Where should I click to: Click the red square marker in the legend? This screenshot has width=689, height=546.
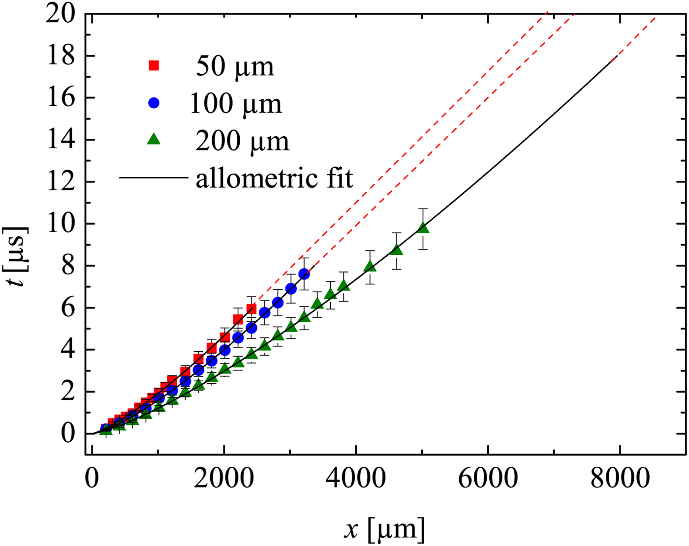coord(154,65)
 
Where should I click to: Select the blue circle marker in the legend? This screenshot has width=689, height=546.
coord(154,103)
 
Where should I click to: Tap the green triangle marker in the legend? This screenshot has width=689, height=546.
coord(154,140)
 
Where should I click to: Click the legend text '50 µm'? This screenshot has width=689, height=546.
coord(235,66)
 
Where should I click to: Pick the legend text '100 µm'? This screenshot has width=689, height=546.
coord(236,103)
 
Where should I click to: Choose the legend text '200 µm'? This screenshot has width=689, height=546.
coord(242,141)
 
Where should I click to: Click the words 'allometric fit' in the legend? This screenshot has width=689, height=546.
coord(274,178)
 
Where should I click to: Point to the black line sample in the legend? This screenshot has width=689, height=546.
coord(153,177)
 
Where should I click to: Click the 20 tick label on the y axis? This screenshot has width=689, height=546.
coord(61,14)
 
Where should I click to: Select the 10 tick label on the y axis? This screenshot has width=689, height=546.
coord(61,224)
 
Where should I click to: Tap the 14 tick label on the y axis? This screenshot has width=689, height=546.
coord(61,140)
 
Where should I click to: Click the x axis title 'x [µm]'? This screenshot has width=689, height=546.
coord(384,529)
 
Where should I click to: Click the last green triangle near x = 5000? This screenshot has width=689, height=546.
coord(423,228)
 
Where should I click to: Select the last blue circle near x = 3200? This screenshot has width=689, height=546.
coord(304,273)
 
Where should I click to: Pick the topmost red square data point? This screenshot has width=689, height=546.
coord(251,309)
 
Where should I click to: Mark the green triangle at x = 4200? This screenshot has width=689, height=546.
coord(370,267)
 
